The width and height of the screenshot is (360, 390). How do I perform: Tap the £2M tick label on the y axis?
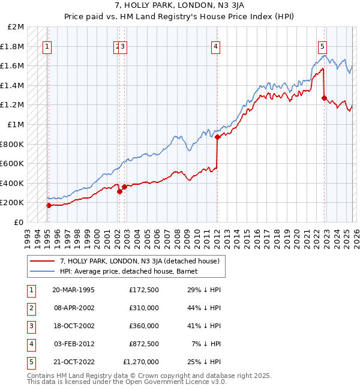pos(16,27)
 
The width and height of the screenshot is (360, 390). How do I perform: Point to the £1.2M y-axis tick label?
pos(14,105)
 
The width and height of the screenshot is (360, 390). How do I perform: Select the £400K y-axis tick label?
pos(14,183)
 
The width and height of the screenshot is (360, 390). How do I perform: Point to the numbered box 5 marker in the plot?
pos(322,46)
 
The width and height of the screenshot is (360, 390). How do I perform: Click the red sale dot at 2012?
pos(217,137)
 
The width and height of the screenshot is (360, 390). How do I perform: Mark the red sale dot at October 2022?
pos(324,98)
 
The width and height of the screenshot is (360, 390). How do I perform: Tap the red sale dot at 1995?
pos(49,205)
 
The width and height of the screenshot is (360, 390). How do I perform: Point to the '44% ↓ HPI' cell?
pos(204,307)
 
